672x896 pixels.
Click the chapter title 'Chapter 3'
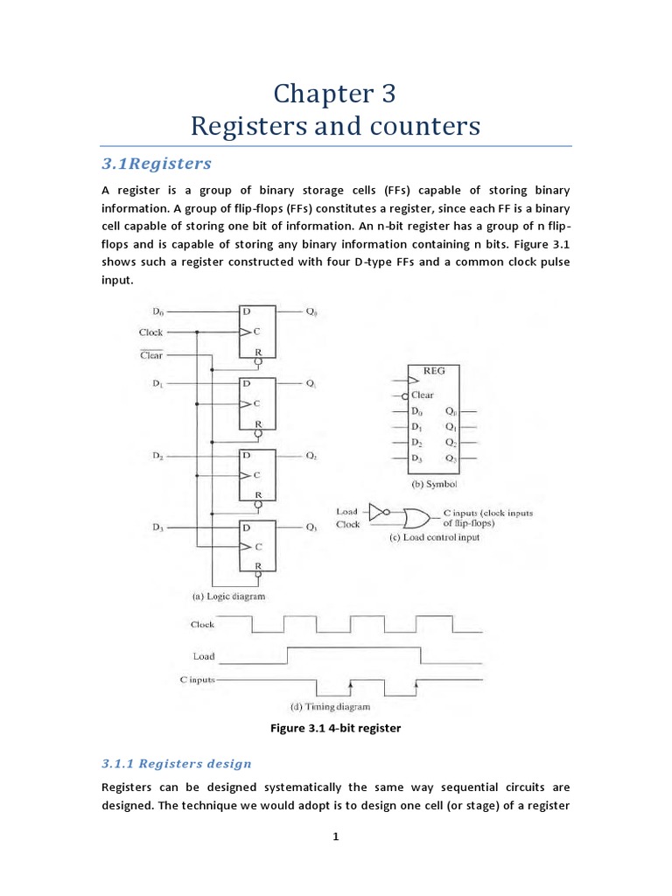[x=335, y=93]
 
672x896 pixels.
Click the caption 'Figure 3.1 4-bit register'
[x=335, y=728]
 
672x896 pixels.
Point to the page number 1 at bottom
[x=335, y=836]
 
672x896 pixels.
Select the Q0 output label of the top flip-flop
[x=311, y=311]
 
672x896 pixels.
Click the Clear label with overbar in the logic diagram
[x=150, y=354]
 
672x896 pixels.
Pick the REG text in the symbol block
[x=433, y=371]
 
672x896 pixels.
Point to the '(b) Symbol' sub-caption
[x=433, y=484]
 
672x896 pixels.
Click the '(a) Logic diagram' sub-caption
[x=227, y=596]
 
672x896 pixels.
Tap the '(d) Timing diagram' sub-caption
[x=330, y=706]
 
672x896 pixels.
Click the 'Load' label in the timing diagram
[x=203, y=655]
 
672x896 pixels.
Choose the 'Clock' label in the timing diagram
[x=202, y=625]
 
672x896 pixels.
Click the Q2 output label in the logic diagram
[x=311, y=457]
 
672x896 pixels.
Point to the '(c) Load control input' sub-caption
[x=434, y=538]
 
